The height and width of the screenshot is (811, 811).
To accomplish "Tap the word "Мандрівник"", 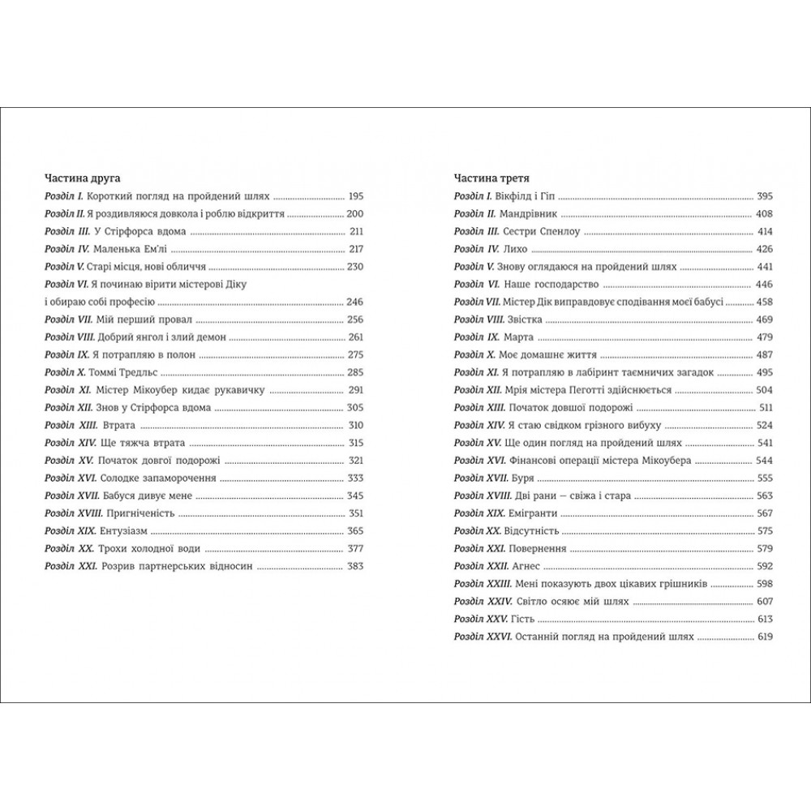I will point(530,214).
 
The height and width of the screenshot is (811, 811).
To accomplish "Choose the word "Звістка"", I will point(526,320).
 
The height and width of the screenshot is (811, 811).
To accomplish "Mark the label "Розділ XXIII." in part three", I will point(481,585).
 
